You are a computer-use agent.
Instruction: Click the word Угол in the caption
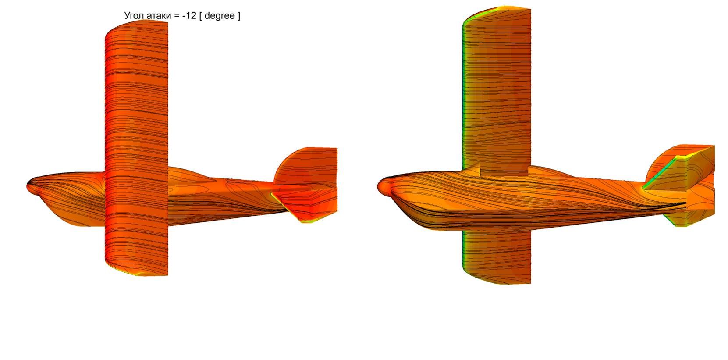134,16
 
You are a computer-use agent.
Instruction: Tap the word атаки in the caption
159,16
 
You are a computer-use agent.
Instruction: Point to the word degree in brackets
220,16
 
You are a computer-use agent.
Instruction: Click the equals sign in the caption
177,16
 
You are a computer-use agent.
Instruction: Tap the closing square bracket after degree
239,16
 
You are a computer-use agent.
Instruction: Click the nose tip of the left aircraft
27,186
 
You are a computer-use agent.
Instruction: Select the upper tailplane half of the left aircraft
307,168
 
